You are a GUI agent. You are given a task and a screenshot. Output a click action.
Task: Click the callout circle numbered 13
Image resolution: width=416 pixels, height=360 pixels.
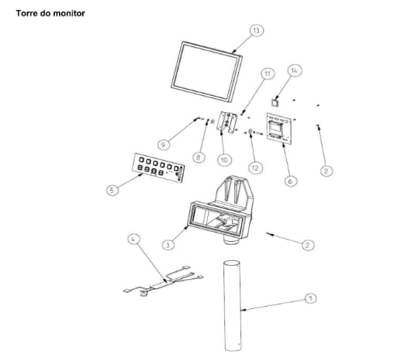coord(256,30)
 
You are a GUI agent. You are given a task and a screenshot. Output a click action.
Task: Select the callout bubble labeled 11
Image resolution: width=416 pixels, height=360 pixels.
coord(268,73)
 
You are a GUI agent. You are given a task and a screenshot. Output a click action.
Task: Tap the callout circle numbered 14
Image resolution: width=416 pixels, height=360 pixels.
coord(295,70)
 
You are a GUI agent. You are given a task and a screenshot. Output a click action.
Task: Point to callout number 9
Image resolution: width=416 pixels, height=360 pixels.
coord(164,144)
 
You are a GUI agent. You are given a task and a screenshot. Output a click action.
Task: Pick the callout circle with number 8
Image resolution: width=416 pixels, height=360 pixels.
coord(199,158)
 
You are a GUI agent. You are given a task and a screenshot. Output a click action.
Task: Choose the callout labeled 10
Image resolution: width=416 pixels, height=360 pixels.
coord(224,160)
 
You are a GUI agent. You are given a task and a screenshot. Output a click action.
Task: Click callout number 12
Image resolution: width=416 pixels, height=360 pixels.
coord(255,168)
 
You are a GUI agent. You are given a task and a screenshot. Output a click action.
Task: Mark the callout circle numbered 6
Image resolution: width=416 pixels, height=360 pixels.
coord(291,181)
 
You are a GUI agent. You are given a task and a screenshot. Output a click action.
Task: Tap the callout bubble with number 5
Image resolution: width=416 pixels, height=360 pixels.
coord(112,190)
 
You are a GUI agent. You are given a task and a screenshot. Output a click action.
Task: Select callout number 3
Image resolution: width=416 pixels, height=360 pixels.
coord(169,245)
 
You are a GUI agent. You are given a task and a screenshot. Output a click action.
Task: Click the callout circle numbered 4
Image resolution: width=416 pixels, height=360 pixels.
coord(134,239)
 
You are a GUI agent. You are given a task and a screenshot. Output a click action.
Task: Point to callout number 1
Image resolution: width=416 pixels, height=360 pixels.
coord(310,298)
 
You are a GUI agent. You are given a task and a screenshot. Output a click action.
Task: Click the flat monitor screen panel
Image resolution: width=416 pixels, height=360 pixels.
coord(207,72)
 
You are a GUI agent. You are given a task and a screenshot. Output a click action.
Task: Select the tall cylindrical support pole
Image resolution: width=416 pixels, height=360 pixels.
coord(233,306)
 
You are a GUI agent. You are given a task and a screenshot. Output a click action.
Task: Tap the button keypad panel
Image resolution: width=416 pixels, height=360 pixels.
coord(159,168)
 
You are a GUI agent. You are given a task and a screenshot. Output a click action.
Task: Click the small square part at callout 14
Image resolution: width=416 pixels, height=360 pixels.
coord(274,102)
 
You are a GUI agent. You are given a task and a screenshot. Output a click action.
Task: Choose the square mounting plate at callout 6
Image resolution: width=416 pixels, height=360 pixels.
coord(279,128)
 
